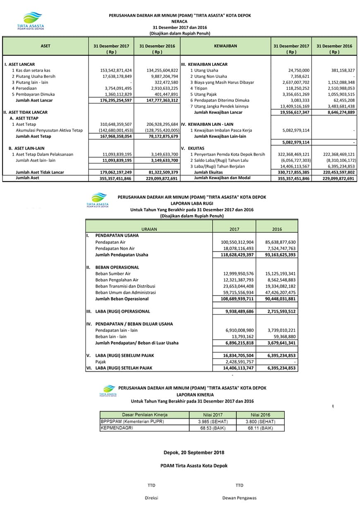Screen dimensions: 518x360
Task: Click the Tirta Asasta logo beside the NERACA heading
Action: point(30,21)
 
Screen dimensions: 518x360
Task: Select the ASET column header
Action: point(46,46)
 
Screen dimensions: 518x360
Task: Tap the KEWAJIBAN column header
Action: point(226,46)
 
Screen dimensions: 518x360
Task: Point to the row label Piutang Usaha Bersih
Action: point(34,77)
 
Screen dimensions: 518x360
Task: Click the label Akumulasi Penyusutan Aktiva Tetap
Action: point(49,130)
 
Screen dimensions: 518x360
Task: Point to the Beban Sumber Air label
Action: point(113,273)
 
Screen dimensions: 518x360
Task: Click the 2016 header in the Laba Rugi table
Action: point(277,229)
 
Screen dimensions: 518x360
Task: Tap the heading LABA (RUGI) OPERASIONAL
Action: point(122,312)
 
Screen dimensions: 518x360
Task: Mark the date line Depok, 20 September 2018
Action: point(194,453)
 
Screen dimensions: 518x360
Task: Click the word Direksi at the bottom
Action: point(151,498)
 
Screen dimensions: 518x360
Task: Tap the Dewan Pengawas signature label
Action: point(239,498)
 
